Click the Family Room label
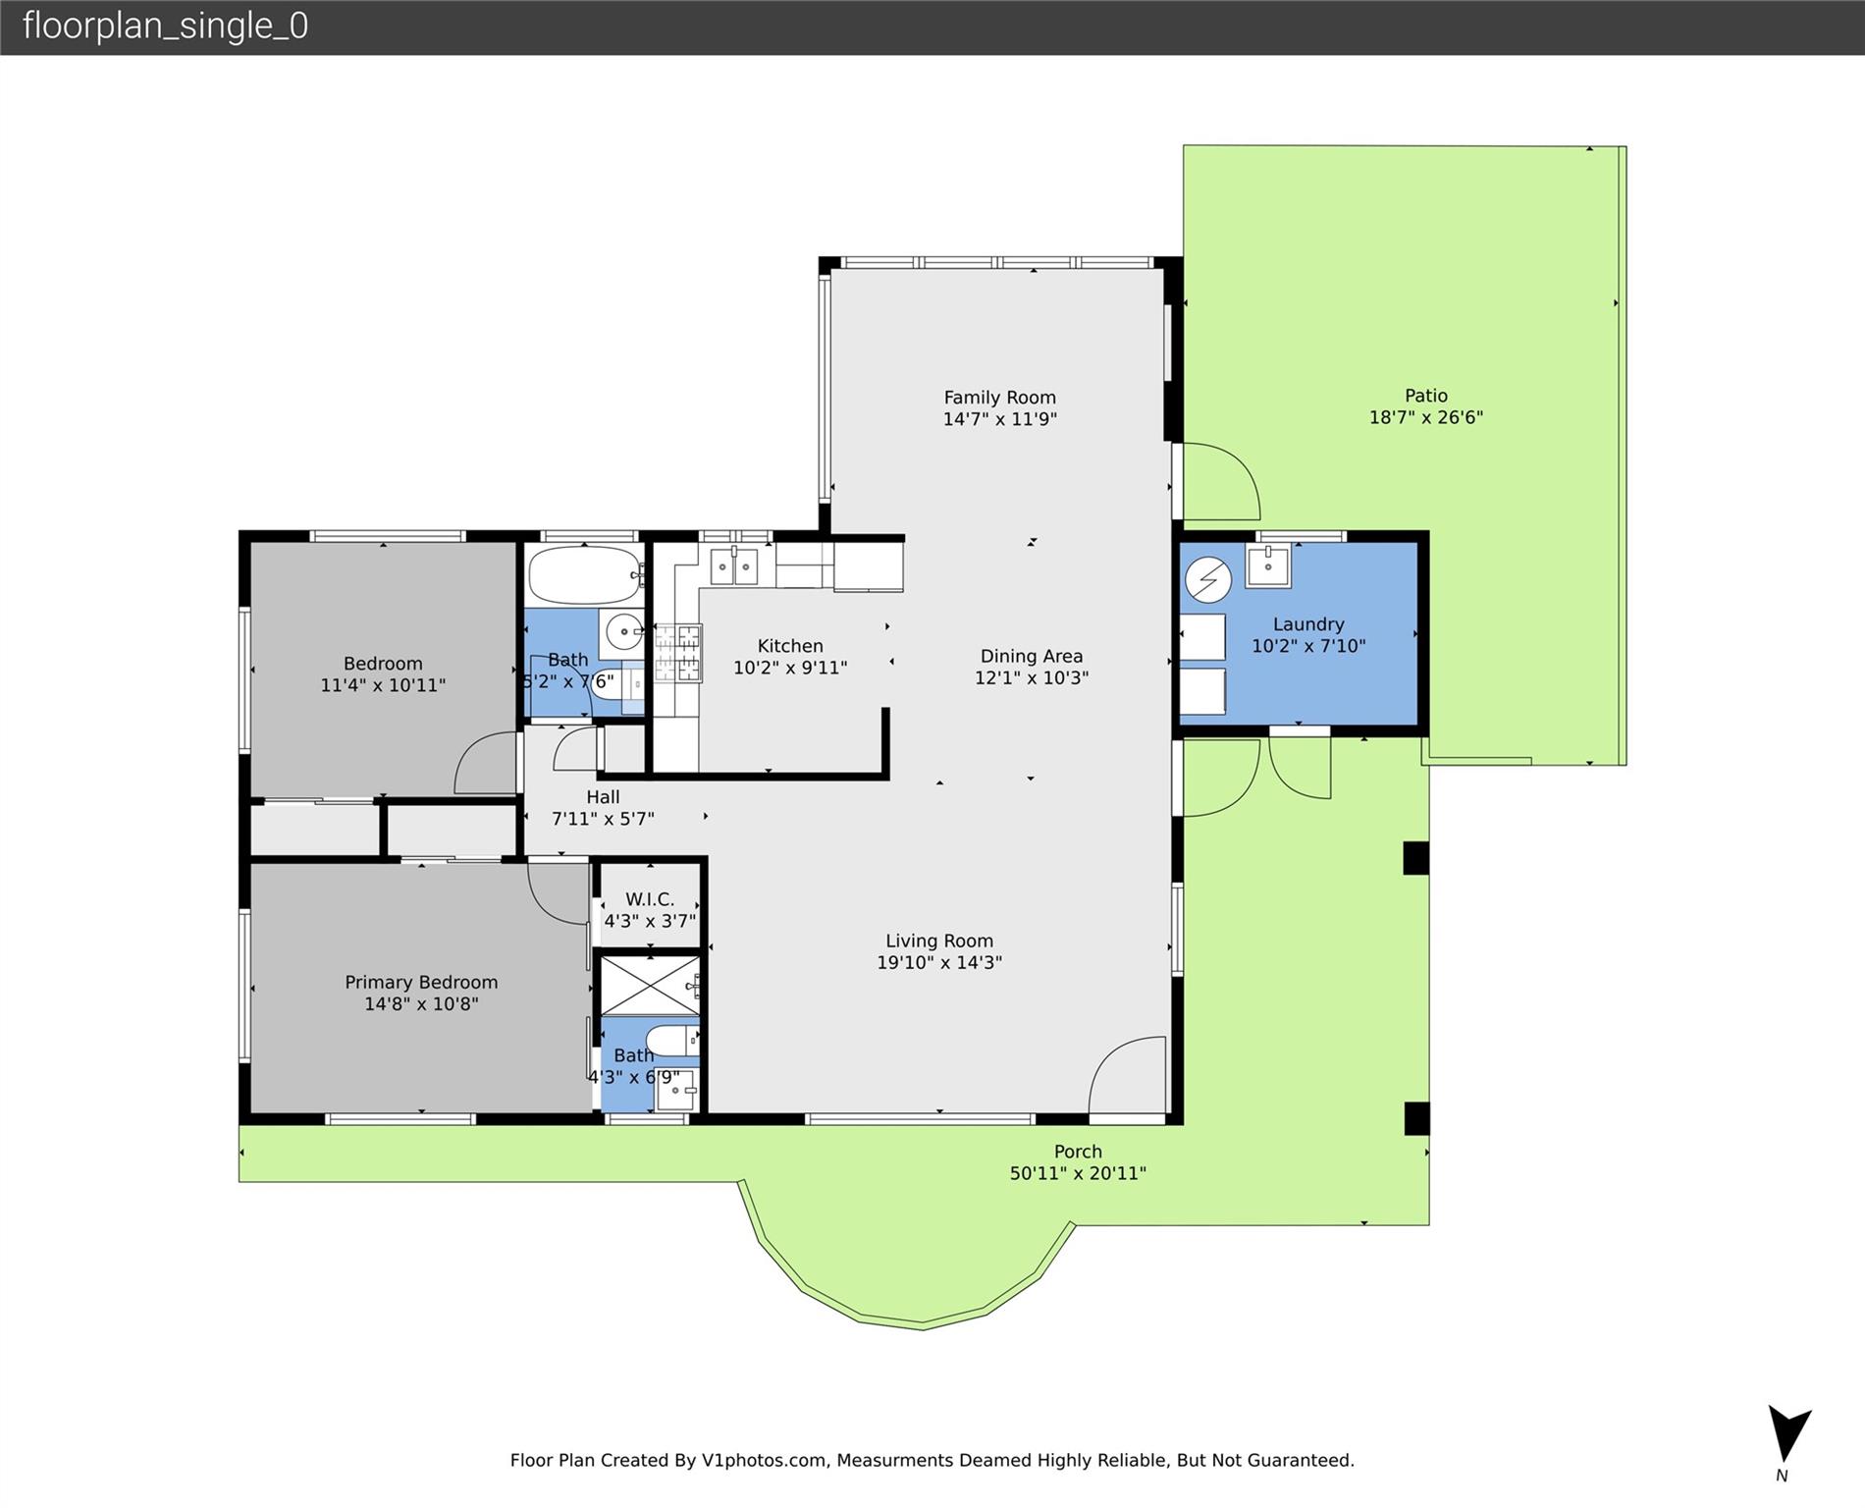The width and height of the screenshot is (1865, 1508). tap(999, 398)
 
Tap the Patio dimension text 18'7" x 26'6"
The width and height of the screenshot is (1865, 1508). tap(1425, 417)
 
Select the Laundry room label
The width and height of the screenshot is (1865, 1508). tap(1308, 624)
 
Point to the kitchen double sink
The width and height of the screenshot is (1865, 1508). tap(733, 566)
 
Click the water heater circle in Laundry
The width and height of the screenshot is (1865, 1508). tap(1208, 579)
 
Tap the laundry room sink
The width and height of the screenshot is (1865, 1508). tap(1268, 566)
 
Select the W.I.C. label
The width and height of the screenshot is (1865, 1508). tap(650, 899)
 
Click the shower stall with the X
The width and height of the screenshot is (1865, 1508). tap(650, 985)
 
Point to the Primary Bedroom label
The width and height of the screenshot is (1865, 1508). tap(421, 982)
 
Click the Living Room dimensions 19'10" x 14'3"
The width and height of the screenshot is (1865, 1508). tap(939, 963)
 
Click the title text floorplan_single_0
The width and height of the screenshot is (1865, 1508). tap(165, 26)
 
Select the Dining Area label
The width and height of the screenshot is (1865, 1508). tap(1032, 656)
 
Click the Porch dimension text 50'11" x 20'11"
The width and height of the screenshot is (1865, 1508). tap(1078, 1173)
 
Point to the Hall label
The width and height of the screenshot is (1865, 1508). tap(603, 797)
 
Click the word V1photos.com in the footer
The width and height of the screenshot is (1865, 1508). tap(764, 1461)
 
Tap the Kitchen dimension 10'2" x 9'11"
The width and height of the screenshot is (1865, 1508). tap(790, 668)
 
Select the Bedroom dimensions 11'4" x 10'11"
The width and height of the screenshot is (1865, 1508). tap(383, 685)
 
